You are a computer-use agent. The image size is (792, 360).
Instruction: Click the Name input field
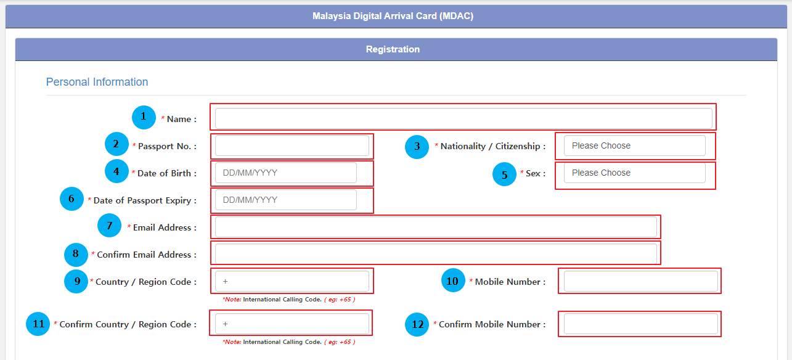[463, 118]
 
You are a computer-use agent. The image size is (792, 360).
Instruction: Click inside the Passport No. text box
[292, 146]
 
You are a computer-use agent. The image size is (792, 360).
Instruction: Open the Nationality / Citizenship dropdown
[634, 146]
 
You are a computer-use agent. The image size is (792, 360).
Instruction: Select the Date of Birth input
[285, 173]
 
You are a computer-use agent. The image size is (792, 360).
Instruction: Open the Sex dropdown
[634, 173]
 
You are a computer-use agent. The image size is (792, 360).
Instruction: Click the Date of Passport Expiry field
[285, 200]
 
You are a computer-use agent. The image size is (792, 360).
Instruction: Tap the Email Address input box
[436, 227]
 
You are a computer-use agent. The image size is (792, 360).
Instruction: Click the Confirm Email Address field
[436, 253]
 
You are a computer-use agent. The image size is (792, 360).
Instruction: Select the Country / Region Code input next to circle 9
[292, 281]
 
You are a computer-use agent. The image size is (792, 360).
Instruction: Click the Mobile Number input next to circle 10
[640, 281]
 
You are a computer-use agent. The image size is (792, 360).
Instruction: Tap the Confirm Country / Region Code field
[292, 324]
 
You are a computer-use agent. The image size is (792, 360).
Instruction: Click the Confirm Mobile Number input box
[640, 324]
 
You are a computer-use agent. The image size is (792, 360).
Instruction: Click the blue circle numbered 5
[504, 174]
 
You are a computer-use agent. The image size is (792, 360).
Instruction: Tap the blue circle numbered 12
[417, 325]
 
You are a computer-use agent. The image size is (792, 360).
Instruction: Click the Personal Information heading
[97, 82]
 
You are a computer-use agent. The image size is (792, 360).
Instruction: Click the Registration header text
[393, 49]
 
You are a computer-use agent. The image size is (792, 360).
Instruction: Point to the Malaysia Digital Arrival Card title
[393, 16]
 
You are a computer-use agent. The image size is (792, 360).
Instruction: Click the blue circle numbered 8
[76, 254]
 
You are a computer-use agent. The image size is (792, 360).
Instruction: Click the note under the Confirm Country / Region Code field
[288, 342]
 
